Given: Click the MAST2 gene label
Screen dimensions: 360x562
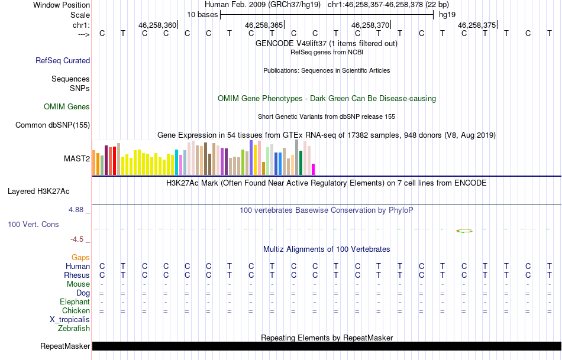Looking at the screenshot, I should tap(77, 158).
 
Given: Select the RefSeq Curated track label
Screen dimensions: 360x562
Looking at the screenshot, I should tap(63, 60).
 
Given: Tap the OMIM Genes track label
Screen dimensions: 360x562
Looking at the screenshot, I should tap(67, 107).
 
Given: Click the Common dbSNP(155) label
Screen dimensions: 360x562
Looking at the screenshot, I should tap(53, 125).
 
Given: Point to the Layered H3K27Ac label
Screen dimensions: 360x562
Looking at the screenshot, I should tap(38, 191).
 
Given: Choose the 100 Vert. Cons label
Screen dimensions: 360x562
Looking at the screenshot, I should tap(33, 225).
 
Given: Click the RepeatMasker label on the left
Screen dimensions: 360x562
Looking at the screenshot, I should tap(65, 346).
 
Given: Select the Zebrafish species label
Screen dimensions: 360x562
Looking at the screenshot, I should tap(74, 328).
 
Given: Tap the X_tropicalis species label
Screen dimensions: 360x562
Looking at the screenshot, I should tap(70, 319).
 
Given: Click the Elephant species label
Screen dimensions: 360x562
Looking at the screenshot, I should tap(75, 301).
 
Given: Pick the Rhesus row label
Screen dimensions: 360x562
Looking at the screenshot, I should tap(77, 275).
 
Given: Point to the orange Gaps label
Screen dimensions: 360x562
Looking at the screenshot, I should tap(80, 258).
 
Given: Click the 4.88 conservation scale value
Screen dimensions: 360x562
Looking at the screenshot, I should tap(77, 210).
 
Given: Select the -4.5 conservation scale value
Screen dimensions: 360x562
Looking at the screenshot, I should tap(77, 239).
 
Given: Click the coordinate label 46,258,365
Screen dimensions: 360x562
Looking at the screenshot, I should tap(263, 25).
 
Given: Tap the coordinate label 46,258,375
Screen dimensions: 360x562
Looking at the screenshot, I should tap(476, 25).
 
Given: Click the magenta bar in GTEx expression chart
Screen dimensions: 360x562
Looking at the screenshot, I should tap(314, 169).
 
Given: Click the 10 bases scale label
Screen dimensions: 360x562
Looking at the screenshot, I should tap(202, 14).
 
